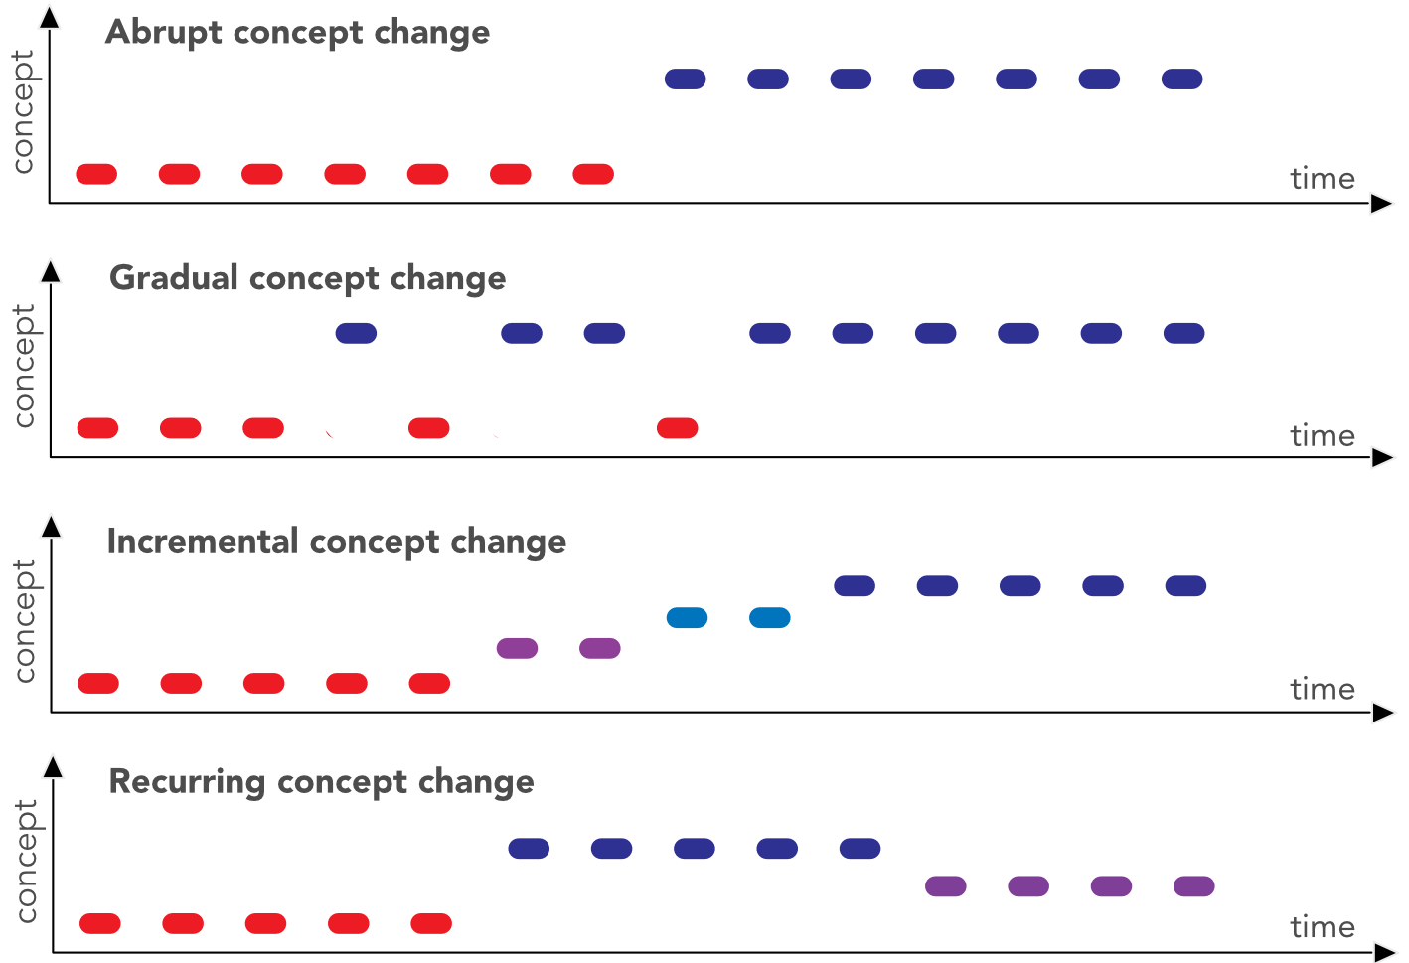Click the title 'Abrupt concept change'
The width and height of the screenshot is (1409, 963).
click(x=297, y=33)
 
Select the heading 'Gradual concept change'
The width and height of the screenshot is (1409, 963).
click(x=307, y=278)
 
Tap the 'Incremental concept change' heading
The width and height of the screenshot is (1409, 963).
click(x=336, y=542)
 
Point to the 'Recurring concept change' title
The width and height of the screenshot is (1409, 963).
click(x=321, y=782)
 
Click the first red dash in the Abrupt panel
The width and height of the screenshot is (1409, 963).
click(x=96, y=174)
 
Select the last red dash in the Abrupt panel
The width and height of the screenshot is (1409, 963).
click(x=593, y=174)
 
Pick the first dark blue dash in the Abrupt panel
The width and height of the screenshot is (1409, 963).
click(x=685, y=79)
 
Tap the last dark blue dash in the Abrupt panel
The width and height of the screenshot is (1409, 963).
click(x=1181, y=79)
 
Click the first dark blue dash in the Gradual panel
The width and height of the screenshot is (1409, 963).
click(x=356, y=333)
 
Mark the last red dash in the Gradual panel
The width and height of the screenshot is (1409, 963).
click(x=677, y=428)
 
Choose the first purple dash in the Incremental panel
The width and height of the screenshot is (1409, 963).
click(x=517, y=648)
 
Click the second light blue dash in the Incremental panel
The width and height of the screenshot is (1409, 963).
click(x=769, y=618)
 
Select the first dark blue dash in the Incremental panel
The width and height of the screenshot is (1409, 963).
click(x=855, y=586)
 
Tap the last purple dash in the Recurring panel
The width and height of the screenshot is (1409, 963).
click(x=1193, y=885)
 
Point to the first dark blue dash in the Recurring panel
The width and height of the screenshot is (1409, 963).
click(x=529, y=848)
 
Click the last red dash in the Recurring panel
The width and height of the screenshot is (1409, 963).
click(x=431, y=923)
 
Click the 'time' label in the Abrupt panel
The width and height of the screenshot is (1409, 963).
click(x=1322, y=179)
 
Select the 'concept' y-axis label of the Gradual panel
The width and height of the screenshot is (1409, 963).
click(x=24, y=366)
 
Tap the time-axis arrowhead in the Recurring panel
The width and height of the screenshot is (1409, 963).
click(x=1384, y=953)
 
